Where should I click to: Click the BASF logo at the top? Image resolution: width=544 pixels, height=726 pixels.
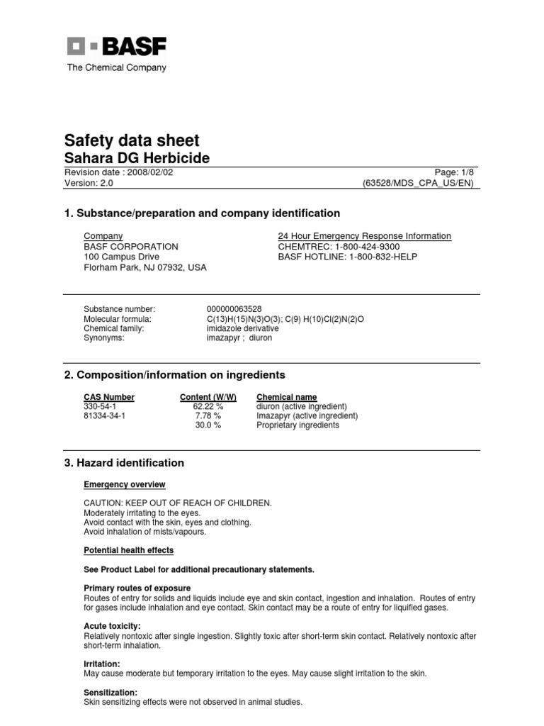pyautogui.click(x=117, y=47)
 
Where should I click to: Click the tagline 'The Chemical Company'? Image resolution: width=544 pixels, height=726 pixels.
pyautogui.click(x=117, y=68)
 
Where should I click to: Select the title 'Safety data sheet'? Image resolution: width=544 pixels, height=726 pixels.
pyautogui.click(x=132, y=140)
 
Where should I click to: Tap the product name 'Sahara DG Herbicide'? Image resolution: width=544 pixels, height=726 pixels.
pyautogui.click(x=137, y=158)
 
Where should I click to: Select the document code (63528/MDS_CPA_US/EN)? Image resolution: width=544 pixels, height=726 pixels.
pyautogui.click(x=417, y=183)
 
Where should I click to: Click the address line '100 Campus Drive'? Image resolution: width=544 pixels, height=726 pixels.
pyautogui.click(x=121, y=257)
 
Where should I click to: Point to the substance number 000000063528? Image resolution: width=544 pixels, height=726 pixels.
pyautogui.click(x=234, y=309)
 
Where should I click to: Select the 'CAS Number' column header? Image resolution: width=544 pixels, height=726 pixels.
pyautogui.click(x=109, y=397)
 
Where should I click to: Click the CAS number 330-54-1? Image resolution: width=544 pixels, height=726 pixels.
pyautogui.click(x=101, y=406)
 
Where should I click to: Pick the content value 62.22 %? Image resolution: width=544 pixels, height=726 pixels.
pyautogui.click(x=208, y=406)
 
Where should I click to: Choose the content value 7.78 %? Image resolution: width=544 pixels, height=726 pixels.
pyautogui.click(x=208, y=415)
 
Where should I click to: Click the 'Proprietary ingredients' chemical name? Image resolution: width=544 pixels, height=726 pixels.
pyautogui.click(x=297, y=425)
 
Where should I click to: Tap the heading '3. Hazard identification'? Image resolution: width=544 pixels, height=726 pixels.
pyautogui.click(x=124, y=463)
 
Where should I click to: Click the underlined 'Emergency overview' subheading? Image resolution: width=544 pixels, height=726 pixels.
pyautogui.click(x=125, y=484)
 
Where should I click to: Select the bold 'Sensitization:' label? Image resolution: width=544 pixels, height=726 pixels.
pyautogui.click(x=110, y=692)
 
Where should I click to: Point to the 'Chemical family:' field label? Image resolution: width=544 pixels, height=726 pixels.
pyautogui.click(x=114, y=328)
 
